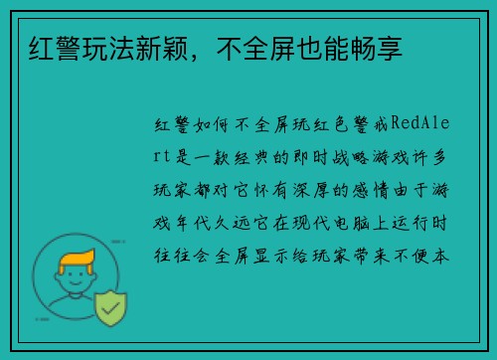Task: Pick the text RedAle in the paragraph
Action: (422, 126)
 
